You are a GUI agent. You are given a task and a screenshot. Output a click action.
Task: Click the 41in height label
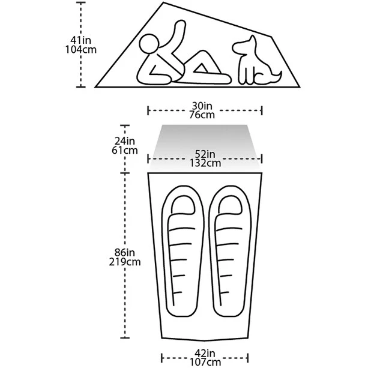coord(80,40)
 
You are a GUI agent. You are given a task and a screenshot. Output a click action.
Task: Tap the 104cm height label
coord(80,50)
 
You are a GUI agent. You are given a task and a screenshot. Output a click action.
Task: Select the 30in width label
coord(202,106)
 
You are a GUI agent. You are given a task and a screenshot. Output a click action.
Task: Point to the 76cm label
coord(202,115)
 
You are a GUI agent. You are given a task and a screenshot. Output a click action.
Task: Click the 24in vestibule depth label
coord(125,141)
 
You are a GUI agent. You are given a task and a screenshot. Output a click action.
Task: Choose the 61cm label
coord(125,151)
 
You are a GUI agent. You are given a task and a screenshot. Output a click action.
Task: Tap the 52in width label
coord(205,154)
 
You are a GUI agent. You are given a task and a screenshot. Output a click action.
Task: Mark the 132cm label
coord(205,163)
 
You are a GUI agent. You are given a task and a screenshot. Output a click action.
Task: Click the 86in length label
coord(125,253)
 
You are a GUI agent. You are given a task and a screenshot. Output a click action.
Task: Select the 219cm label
coord(125,262)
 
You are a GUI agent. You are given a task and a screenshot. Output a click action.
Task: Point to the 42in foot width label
coord(205,353)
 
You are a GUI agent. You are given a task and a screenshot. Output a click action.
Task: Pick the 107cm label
coord(205,362)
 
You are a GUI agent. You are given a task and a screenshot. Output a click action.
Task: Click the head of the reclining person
coord(149,44)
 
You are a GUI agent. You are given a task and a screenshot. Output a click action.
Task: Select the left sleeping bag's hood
coord(183,204)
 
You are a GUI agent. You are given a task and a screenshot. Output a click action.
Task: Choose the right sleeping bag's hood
coord(231,204)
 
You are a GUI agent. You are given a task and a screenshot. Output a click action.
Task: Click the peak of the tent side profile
coord(163,2)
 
